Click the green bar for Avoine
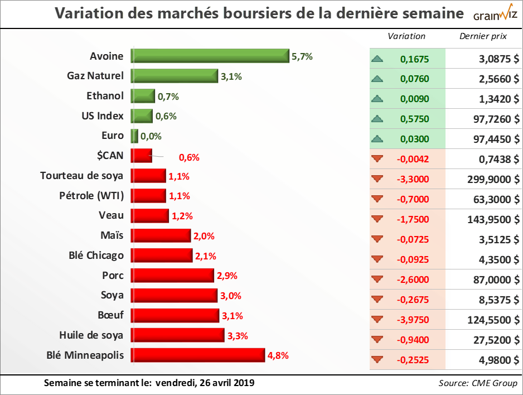210,56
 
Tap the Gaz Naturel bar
174,76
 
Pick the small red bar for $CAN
141,156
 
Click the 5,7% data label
302,56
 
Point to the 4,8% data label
278,355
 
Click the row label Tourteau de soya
82,176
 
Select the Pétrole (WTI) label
91,196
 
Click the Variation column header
406,36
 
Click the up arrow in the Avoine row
377,59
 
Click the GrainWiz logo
494,14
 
